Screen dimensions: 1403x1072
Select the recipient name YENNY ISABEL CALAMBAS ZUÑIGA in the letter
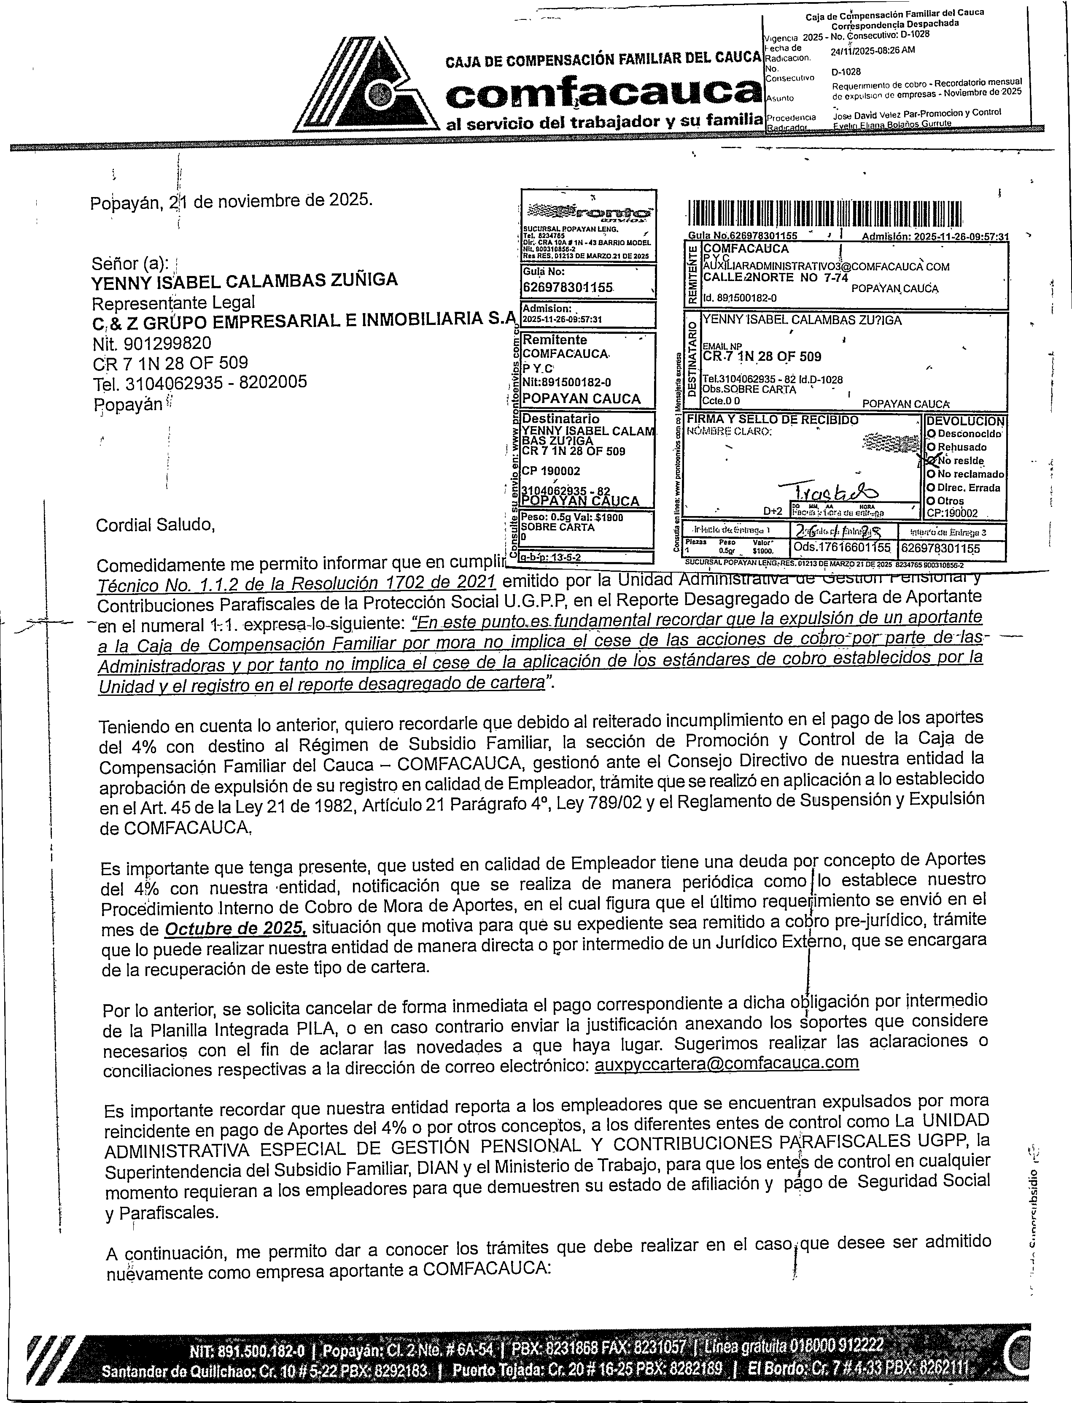click(x=245, y=280)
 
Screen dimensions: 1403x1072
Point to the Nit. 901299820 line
click(x=152, y=344)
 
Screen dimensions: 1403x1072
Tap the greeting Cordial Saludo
click(x=156, y=524)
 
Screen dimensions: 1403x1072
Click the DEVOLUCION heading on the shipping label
click(x=965, y=421)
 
